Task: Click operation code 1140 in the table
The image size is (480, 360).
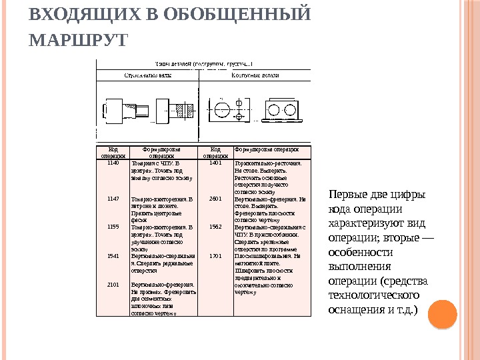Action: (x=113, y=162)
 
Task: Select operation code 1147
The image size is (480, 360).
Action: (x=113, y=199)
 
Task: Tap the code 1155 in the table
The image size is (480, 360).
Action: (x=113, y=227)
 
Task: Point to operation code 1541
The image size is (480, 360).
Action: (x=113, y=255)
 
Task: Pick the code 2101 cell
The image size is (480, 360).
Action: (x=113, y=284)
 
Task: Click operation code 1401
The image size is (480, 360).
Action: (x=215, y=162)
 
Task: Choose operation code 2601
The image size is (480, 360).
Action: (x=215, y=199)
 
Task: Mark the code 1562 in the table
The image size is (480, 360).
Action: (x=215, y=227)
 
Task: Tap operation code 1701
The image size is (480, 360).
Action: (x=215, y=255)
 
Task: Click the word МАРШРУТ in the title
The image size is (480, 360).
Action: (x=78, y=40)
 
